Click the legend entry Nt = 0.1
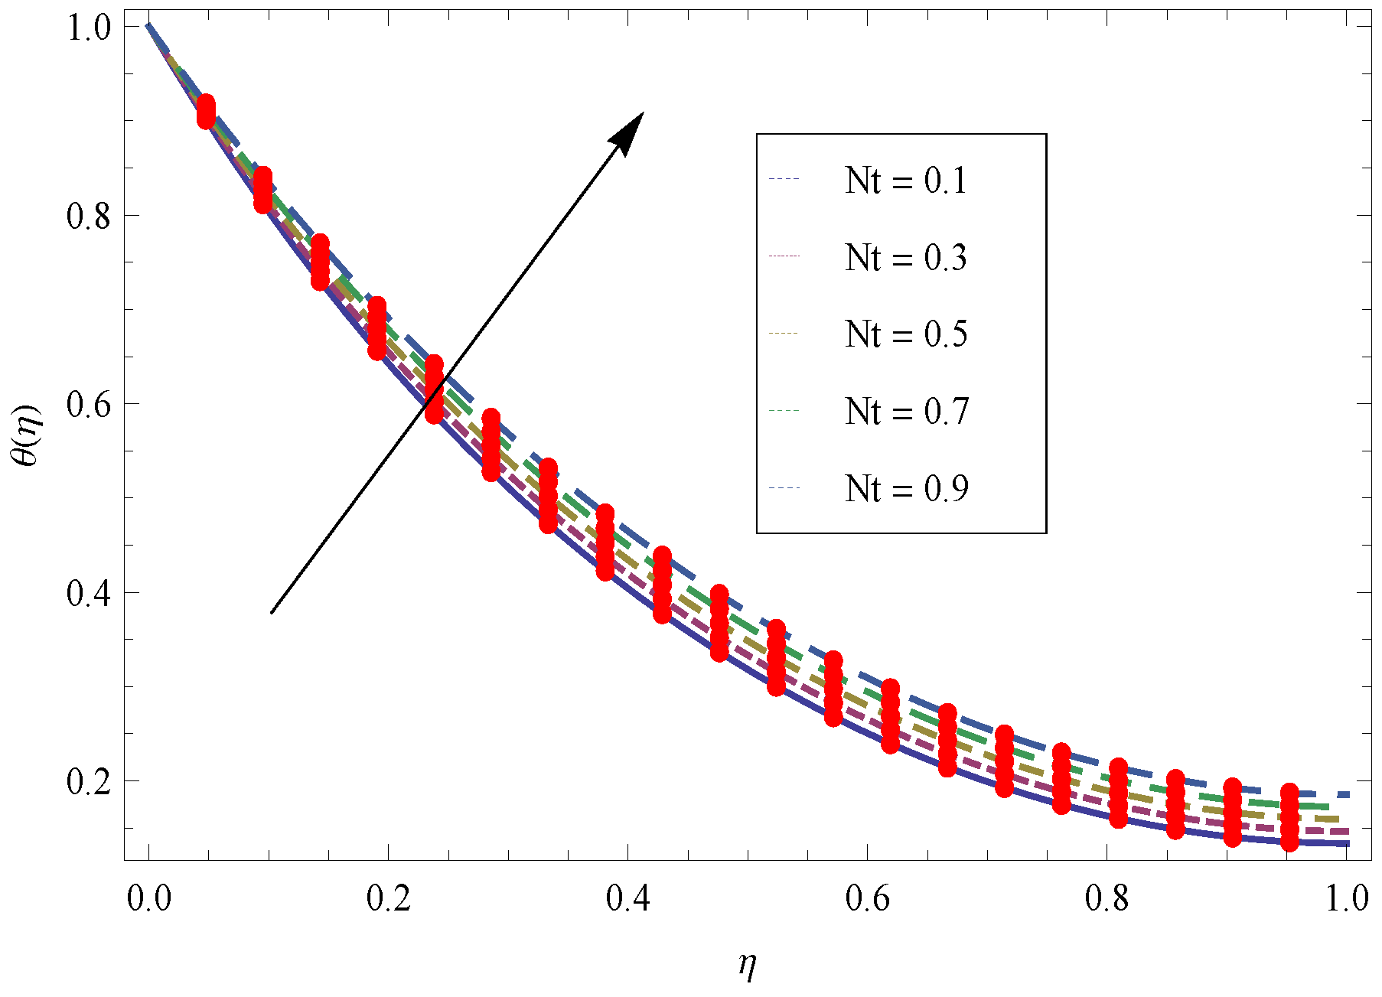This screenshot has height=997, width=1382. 905,181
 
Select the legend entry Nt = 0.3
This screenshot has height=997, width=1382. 905,258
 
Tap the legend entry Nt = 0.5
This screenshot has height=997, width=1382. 905,334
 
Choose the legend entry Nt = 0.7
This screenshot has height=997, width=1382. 905,412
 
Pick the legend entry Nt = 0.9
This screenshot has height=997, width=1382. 905,489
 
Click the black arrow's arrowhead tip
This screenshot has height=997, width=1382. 644,112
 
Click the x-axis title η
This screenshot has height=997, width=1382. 748,966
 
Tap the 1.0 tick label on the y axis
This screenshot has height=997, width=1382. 89,28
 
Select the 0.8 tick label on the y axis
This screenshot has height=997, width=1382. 89,217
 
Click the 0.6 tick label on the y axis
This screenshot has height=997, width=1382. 89,405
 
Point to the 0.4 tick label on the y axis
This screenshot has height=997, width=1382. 89,594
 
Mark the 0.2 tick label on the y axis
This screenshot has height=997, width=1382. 89,782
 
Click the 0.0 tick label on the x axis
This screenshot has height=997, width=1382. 149,898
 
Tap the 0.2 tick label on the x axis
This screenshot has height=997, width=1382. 389,898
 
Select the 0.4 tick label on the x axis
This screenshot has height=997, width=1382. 628,898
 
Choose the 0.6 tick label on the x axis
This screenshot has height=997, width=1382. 868,898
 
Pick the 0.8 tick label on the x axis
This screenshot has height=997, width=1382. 1107,898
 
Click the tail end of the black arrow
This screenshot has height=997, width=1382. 272,612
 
